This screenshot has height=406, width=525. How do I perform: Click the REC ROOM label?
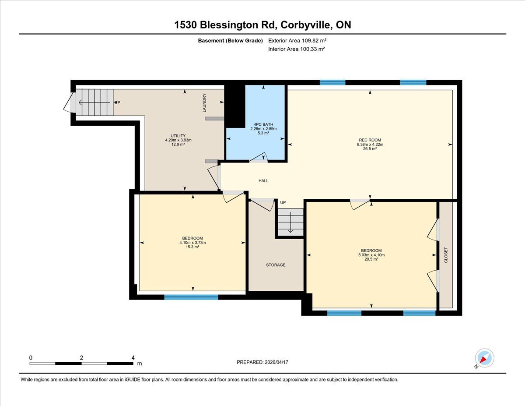(370, 140)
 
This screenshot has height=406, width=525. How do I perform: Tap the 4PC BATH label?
(263, 124)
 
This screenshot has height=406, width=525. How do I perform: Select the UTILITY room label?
(178, 136)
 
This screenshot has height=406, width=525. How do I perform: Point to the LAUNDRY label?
(204, 103)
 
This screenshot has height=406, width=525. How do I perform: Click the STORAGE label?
(276, 265)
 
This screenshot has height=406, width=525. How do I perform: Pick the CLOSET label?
(446, 255)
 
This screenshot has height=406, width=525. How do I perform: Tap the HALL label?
(263, 180)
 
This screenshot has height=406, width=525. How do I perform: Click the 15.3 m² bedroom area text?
(192, 247)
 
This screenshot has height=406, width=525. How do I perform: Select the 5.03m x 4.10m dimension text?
(371, 255)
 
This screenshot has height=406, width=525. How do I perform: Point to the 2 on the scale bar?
(81, 358)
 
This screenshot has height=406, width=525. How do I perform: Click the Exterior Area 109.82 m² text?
(297, 41)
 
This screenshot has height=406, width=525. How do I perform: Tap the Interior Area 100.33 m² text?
(297, 49)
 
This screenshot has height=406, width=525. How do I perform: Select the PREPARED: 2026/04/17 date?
(262, 362)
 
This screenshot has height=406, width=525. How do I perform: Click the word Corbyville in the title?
(306, 25)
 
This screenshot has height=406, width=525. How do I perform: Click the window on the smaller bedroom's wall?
(191, 297)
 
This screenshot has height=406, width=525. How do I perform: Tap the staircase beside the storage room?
(290, 222)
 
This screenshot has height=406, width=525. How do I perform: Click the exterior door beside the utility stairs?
(70, 102)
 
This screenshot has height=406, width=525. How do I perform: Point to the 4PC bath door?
(258, 157)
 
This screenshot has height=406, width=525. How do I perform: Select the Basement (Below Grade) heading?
(230, 41)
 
